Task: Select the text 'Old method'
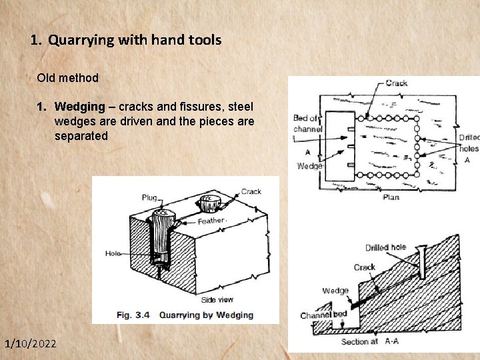68,78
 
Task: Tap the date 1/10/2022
31,343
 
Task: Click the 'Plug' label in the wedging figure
149,197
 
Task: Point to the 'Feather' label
211,220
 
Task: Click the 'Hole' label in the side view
113,253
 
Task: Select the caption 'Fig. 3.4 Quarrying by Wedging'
185,315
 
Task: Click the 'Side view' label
217,299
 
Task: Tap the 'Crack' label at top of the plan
397,83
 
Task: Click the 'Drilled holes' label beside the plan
469,143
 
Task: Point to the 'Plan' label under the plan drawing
391,197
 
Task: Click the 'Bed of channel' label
307,123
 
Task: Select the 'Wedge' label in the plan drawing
309,166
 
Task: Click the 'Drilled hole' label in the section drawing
385,247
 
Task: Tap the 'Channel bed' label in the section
323,315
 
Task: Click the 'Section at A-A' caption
370,341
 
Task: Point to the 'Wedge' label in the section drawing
335,291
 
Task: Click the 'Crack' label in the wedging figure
251,191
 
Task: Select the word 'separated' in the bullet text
81,136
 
